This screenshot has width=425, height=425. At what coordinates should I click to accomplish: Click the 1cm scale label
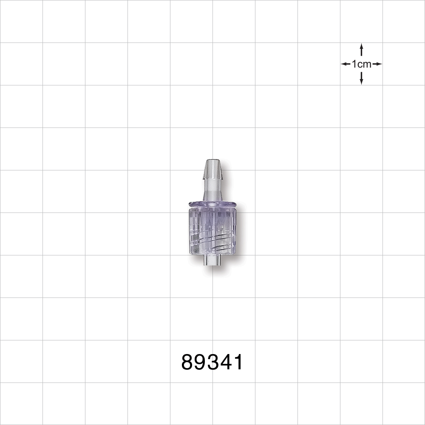[x=361, y=64]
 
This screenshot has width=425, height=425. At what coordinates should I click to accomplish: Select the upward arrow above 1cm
[x=361, y=49]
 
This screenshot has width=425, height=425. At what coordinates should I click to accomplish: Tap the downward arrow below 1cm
[x=361, y=78]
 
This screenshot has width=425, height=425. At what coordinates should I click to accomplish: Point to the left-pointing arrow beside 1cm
[x=346, y=64]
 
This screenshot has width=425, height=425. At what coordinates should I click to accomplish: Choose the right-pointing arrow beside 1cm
[x=377, y=64]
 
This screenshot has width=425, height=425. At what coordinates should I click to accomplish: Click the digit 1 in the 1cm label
[x=354, y=64]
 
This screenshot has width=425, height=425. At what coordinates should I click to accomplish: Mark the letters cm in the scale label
[x=364, y=64]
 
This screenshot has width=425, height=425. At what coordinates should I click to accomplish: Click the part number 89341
[x=212, y=363]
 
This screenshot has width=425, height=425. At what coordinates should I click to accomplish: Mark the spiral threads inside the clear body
[x=212, y=238]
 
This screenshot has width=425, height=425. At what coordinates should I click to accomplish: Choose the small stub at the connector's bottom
[x=212, y=261]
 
